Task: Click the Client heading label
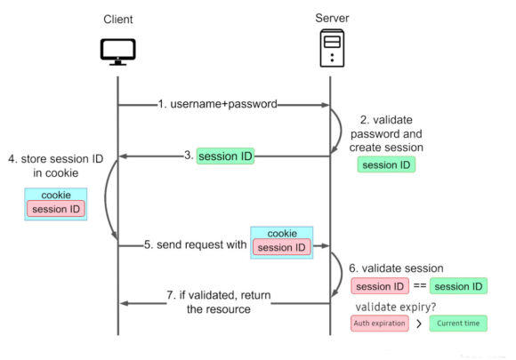[118, 19]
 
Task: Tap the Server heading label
[332, 18]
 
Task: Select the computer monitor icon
[117, 52]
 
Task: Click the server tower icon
[333, 48]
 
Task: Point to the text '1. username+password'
[218, 104]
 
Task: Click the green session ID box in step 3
[225, 156]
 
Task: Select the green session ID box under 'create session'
[386, 164]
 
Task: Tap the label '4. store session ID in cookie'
[56, 165]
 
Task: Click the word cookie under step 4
[56, 195]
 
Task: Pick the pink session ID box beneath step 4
[56, 209]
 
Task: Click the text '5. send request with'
[196, 244]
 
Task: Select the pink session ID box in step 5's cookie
[282, 247]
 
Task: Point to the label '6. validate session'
[396, 268]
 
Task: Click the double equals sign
[420, 285]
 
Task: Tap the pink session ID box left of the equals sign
[380, 286]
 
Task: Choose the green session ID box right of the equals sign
[458, 286]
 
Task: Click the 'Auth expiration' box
[380, 324]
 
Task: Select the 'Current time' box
[458, 324]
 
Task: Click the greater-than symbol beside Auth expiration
[419, 324]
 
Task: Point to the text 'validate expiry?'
[396, 307]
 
